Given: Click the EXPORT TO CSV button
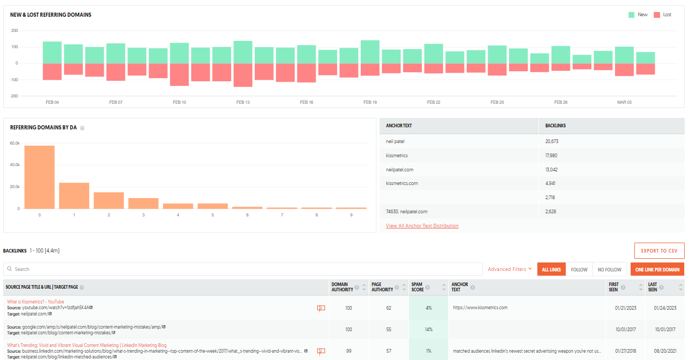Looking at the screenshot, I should [659, 250].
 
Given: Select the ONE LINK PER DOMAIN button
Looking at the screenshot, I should [657, 269].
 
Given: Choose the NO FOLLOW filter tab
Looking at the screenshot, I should [609, 269].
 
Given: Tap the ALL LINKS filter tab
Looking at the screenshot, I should [551, 269].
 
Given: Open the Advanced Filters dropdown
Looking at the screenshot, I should [510, 269].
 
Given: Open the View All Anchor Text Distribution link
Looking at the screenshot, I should [422, 226].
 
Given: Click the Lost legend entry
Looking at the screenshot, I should [663, 15].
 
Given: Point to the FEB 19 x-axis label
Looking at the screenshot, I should [370, 102].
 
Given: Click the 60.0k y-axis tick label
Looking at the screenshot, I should [15, 143].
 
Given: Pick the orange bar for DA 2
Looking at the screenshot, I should [109, 200].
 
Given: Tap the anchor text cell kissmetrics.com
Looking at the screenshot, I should [402, 183].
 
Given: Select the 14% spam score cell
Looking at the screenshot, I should [428, 330].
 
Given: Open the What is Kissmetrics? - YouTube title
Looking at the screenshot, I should [36, 302].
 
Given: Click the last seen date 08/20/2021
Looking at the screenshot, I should [664, 351].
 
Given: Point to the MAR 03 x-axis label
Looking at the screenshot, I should [624, 102].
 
